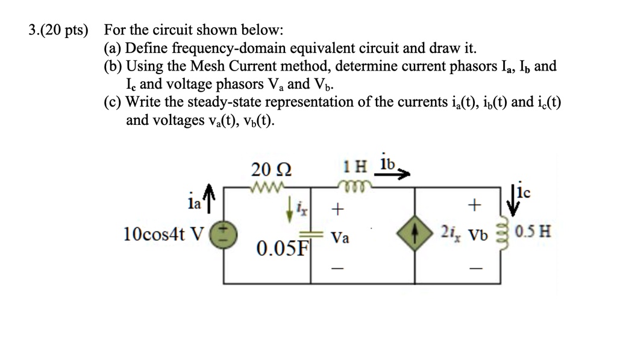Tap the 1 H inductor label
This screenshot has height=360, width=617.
353,166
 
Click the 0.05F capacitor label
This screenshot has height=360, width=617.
281,248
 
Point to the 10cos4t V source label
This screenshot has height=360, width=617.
163,233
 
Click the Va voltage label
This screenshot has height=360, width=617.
340,239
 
